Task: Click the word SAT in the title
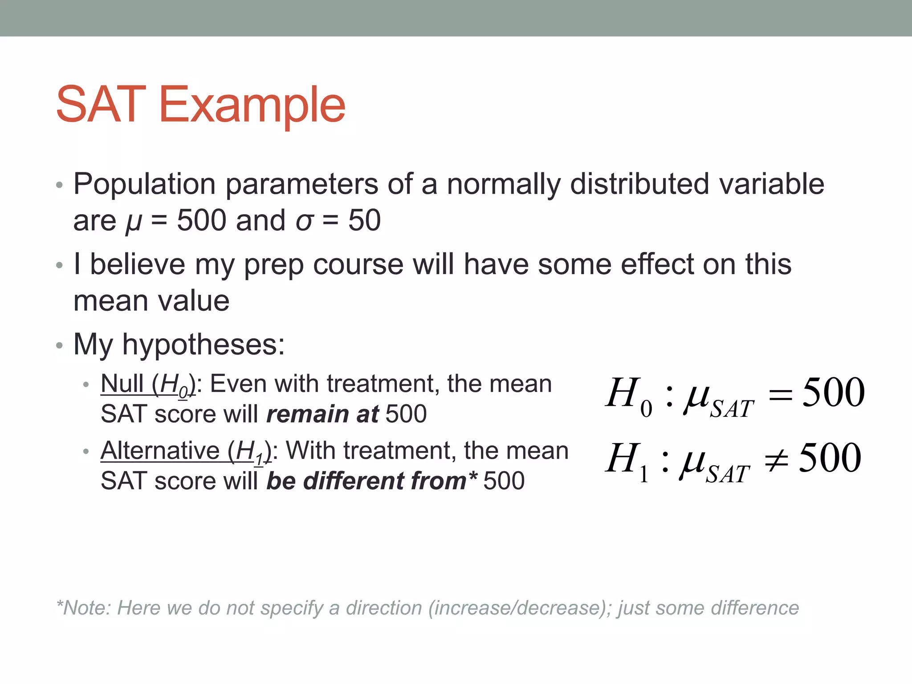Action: coord(101,105)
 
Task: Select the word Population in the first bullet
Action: coord(145,184)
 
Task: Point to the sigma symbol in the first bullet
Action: coord(305,221)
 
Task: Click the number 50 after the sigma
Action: coord(364,220)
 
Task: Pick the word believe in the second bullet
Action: coord(138,264)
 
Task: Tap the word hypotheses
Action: coord(204,345)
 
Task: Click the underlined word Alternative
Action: coord(160,451)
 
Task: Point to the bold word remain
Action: coord(307,414)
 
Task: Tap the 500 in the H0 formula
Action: coord(833,392)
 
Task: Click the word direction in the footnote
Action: coord(384,608)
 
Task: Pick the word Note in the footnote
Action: coord(86,608)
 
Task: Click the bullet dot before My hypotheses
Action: coord(60,346)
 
